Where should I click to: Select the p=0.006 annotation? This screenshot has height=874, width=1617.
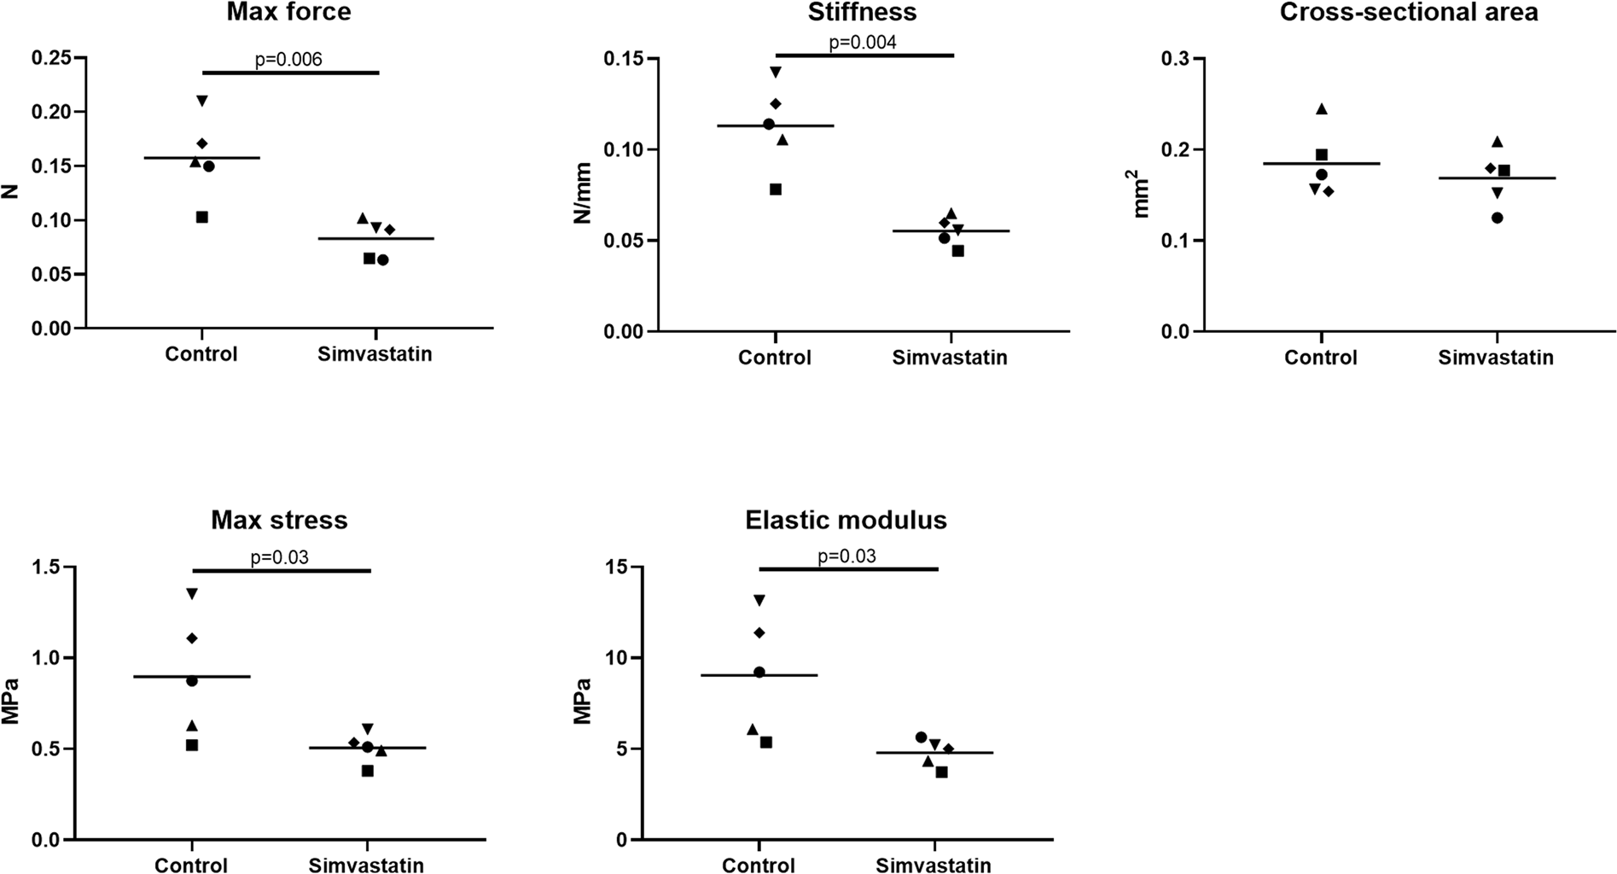coord(288,60)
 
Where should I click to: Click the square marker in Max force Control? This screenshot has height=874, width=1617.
coord(202,218)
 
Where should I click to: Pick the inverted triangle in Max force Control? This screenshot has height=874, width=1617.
coord(202,101)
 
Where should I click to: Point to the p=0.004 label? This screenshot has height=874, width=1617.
coord(863,43)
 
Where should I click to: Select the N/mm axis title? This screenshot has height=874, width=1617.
coord(583,196)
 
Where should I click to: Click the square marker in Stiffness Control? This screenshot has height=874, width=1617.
coord(776,189)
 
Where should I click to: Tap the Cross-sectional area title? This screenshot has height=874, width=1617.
coord(1408,12)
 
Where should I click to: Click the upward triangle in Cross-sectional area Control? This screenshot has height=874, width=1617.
coord(1322,108)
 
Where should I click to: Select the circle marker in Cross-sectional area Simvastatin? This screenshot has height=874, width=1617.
coord(1497,218)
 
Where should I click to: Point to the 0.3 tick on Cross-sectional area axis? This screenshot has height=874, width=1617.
coord(1175,59)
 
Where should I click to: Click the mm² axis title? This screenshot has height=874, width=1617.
coord(1142,195)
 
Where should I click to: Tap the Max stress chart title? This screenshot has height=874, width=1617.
coord(279,520)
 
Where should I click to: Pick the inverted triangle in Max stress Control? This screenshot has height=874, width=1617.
coord(192,593)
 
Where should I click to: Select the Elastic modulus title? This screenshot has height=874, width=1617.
coord(846,520)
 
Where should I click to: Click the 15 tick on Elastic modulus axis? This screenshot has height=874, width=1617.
coord(613,567)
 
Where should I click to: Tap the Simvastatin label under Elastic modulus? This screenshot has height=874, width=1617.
coord(934,865)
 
